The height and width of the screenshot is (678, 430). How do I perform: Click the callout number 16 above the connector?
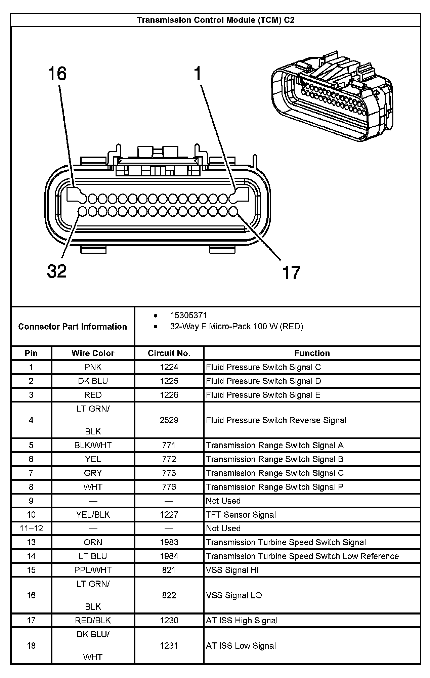(x=57, y=74)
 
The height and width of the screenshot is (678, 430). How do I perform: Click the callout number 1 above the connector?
(x=198, y=74)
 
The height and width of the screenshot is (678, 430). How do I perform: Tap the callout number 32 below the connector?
(x=57, y=271)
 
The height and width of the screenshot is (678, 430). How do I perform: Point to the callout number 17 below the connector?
(x=291, y=272)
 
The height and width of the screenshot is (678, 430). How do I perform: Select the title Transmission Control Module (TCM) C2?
(x=216, y=20)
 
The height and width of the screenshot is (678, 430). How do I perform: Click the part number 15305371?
(x=188, y=315)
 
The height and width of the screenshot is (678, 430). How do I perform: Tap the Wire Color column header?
(x=93, y=353)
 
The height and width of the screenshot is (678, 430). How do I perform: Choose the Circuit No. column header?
(x=169, y=353)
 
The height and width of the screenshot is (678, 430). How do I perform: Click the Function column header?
(x=312, y=353)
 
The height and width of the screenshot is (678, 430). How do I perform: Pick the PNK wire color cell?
(x=93, y=367)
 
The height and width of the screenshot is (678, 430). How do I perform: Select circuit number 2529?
(x=169, y=420)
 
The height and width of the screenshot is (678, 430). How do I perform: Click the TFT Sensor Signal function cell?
(x=241, y=515)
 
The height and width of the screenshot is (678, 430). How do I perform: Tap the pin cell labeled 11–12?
(x=31, y=528)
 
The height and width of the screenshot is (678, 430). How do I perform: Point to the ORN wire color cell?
(x=93, y=542)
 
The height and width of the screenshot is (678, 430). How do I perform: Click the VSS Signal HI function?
(x=232, y=570)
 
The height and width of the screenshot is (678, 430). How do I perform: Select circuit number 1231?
(x=169, y=646)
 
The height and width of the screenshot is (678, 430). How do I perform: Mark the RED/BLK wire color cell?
(x=93, y=621)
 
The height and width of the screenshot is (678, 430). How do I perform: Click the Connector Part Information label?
(x=73, y=327)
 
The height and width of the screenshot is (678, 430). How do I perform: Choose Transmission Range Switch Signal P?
(x=274, y=487)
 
